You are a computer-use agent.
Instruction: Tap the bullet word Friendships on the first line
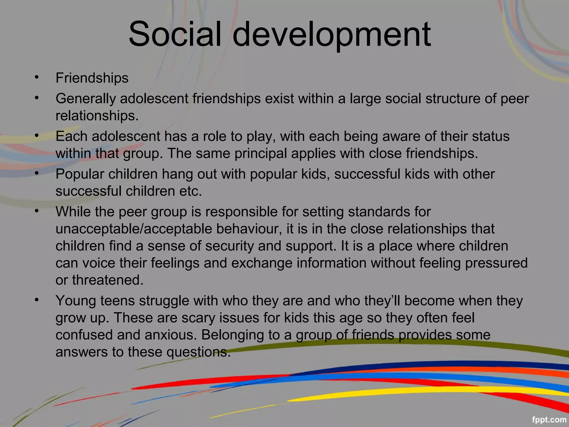(92, 78)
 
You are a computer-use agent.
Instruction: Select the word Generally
(86, 99)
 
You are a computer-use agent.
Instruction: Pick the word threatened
(108, 280)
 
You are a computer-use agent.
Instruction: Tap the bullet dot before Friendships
(36, 77)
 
